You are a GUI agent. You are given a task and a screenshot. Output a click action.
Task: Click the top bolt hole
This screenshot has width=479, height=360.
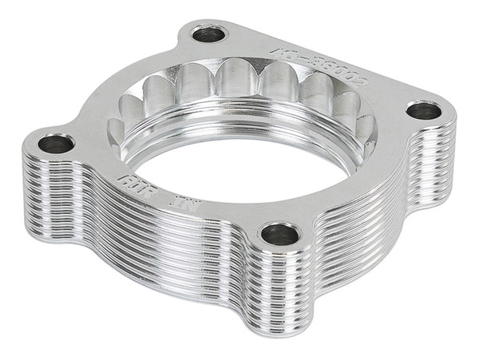(210, 34)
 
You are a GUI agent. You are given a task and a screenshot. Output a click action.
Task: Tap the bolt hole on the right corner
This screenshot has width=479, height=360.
(423, 111)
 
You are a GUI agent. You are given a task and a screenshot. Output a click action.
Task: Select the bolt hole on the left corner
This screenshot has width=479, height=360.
(56, 144)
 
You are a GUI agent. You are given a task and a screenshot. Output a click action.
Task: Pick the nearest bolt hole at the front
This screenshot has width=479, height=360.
(280, 234)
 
